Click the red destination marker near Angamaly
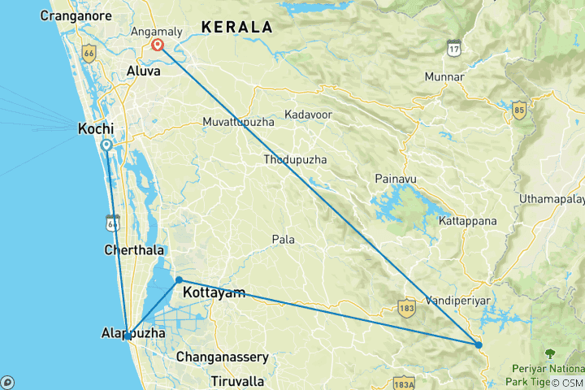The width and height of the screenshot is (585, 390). pos(157,45)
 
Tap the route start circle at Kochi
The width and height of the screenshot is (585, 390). pos(106,145)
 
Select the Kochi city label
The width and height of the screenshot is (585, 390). pos(94,128)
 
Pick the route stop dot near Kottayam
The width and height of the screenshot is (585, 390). pos(179,279)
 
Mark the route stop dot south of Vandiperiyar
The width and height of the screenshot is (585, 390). pos(479,345)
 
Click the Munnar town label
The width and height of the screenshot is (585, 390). pos(444,77)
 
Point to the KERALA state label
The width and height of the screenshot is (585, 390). pos(236,27)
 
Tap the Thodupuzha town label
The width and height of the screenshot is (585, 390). pos(295,160)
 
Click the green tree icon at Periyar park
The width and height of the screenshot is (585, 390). pos(550,353)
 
